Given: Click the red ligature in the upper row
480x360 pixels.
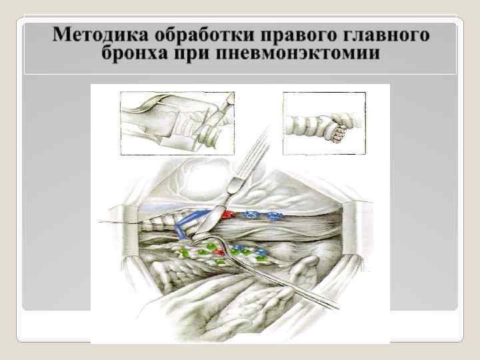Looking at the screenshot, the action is tap(229, 216).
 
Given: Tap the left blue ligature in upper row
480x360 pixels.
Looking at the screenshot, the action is tap(251, 215).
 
